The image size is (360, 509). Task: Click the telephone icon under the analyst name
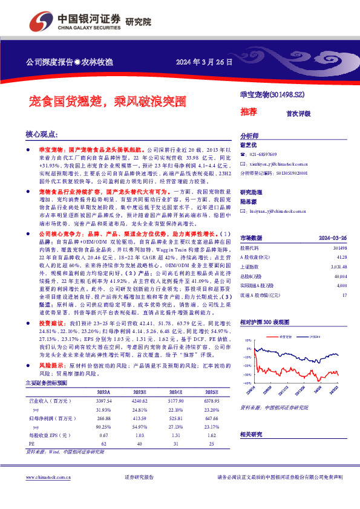click(x=243, y=154)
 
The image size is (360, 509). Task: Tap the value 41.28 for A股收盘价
click(x=341, y=256)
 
